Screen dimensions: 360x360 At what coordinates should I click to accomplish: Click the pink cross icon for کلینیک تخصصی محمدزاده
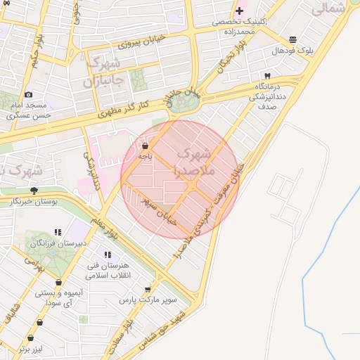point(240,11)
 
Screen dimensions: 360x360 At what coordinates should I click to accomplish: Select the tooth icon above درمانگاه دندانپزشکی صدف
point(267,75)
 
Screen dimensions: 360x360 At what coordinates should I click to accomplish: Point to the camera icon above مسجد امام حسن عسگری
point(28,94)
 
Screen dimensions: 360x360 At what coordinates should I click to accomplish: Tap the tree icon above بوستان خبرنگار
point(33,191)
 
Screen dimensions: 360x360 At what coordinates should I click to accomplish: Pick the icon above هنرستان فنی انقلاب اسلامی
point(108,255)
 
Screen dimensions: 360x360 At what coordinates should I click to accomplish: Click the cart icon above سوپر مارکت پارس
point(148,289)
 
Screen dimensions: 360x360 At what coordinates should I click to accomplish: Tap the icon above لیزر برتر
point(39,322)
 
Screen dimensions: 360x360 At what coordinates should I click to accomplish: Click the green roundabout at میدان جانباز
point(184,103)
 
